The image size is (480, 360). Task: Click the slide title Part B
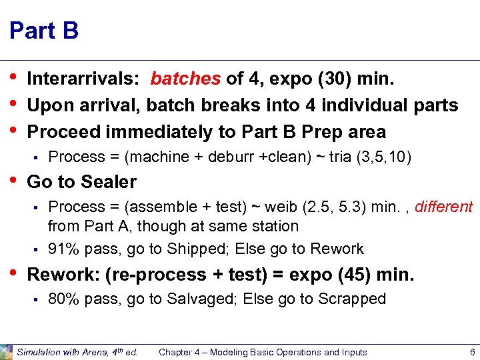(44, 31)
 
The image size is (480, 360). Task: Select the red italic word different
(444, 207)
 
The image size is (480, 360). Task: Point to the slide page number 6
(472, 352)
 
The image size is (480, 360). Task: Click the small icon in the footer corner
(7, 351)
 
